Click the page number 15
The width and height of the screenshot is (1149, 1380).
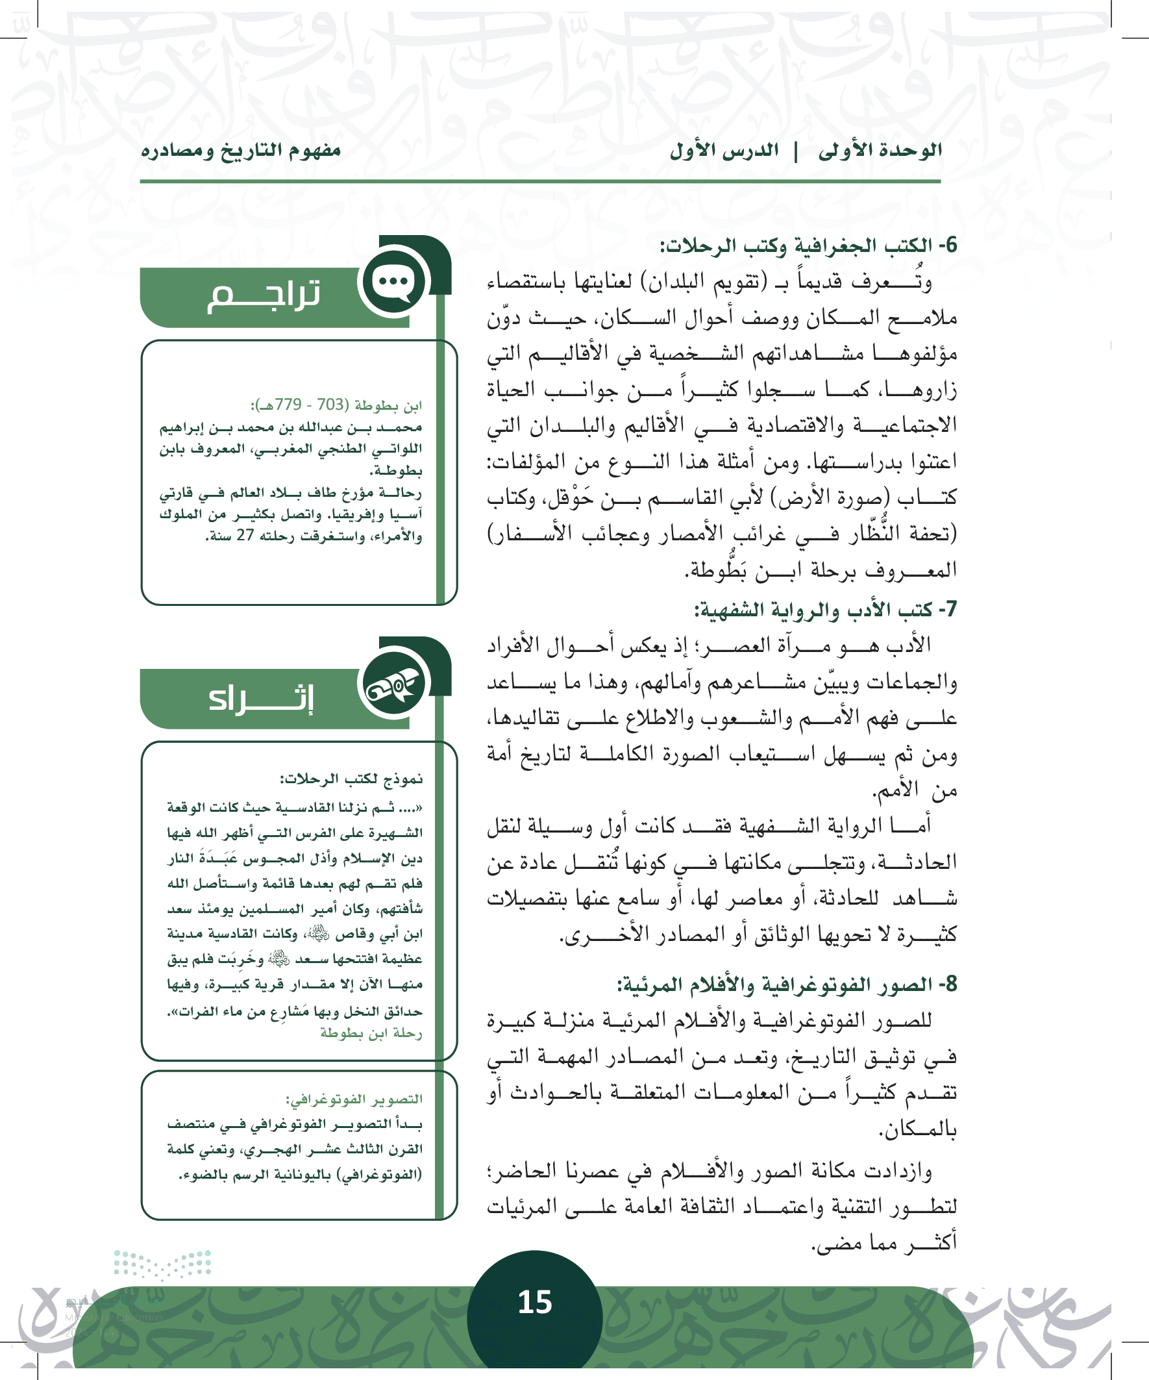(x=535, y=1302)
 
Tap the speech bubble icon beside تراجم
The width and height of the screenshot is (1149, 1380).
(x=393, y=282)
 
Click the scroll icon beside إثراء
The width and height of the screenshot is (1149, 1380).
(x=393, y=684)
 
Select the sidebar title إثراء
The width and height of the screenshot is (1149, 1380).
(x=262, y=698)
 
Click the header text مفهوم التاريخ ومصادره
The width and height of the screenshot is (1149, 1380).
(x=241, y=151)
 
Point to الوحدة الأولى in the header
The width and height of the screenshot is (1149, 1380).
(x=880, y=151)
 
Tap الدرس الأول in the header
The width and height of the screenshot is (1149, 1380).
(x=724, y=151)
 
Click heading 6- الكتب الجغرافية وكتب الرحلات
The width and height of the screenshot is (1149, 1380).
(x=809, y=245)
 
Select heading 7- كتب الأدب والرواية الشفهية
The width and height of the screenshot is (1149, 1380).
(x=826, y=610)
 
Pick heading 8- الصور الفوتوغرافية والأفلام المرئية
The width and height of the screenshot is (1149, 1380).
(x=787, y=985)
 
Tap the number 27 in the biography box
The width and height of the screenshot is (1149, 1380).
(x=245, y=536)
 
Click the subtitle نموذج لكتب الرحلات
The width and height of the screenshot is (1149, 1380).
(x=351, y=779)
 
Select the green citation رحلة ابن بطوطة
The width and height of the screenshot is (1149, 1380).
(x=371, y=1033)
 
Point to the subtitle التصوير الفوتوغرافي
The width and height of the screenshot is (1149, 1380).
(x=354, y=1099)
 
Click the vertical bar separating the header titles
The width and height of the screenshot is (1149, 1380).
(x=797, y=151)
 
